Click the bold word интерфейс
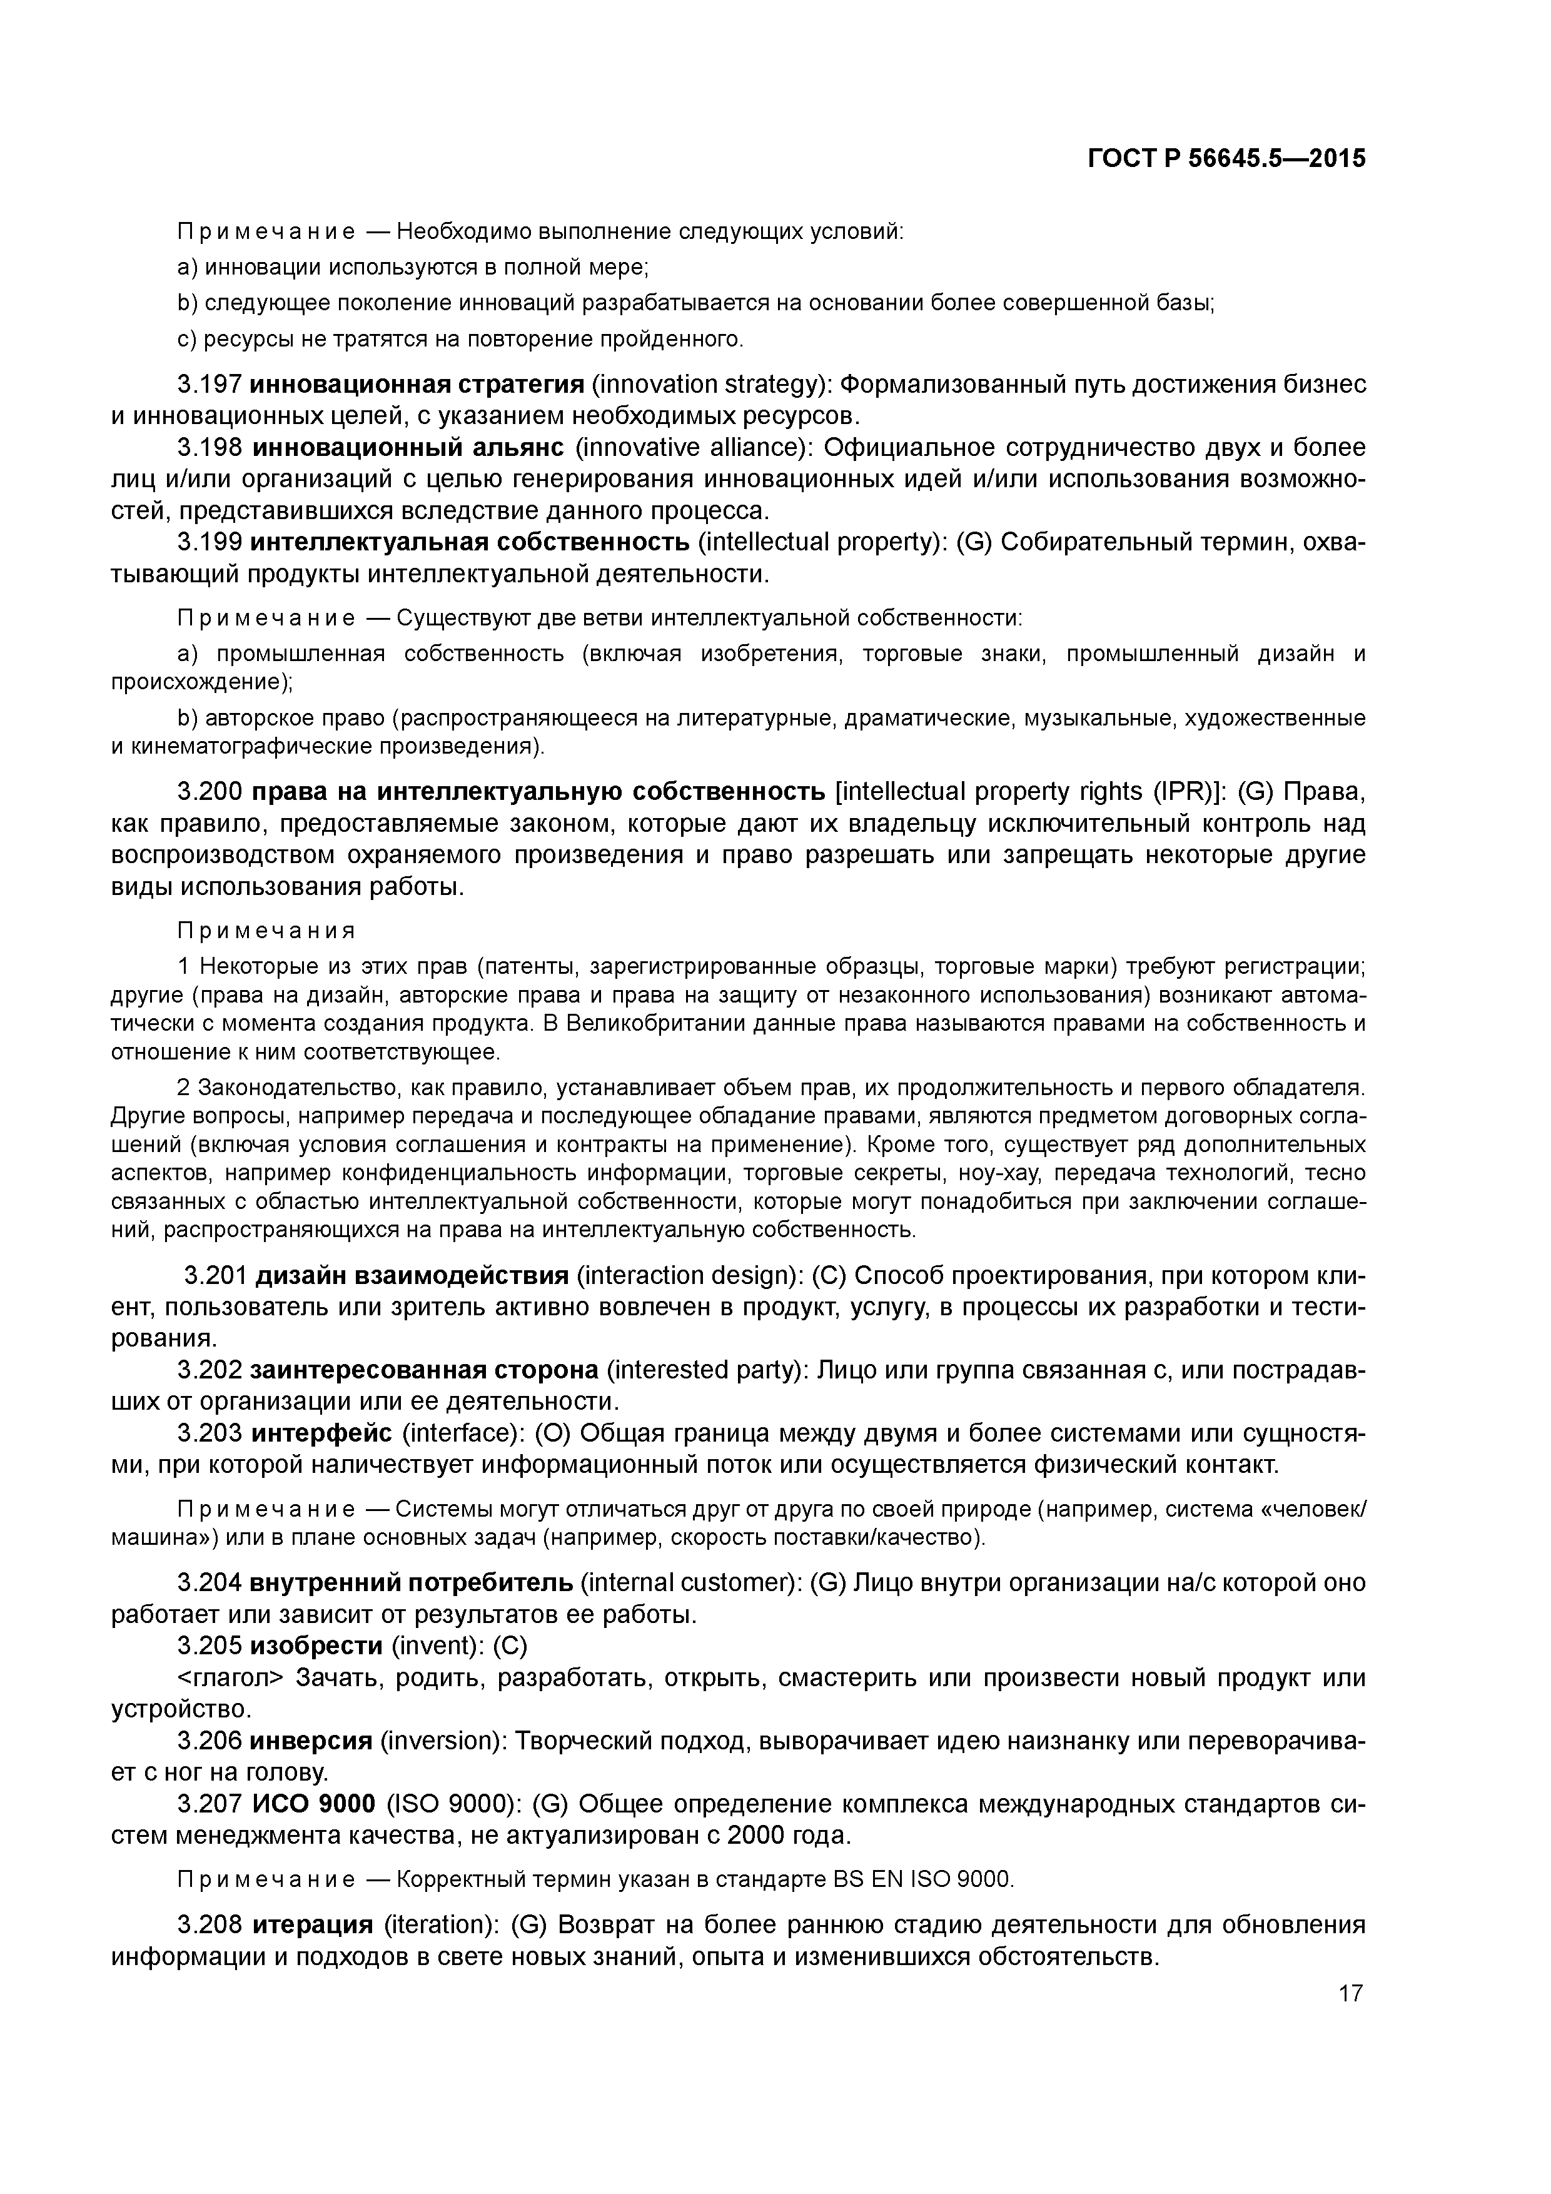(320, 1434)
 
